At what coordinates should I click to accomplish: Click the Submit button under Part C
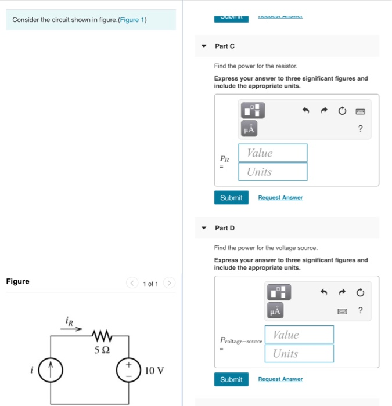pos(231,198)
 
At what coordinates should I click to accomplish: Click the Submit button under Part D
pos(231,379)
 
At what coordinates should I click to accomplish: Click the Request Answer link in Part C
pos(280,198)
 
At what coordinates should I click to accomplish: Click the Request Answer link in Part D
pos(280,379)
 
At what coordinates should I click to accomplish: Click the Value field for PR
pos(273,153)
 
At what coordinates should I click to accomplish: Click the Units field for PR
pos(273,172)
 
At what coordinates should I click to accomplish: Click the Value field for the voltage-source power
pos(299,335)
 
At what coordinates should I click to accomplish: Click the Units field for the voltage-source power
pos(299,353)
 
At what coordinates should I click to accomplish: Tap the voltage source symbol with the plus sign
pos(128,369)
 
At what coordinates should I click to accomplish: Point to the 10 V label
pos(154,370)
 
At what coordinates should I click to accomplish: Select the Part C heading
pos(225,46)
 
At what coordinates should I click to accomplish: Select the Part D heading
pos(225,228)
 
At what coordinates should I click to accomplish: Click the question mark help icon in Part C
pos(361,128)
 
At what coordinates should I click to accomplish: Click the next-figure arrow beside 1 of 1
pos(169,284)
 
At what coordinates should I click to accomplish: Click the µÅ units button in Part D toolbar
pos(275,311)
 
